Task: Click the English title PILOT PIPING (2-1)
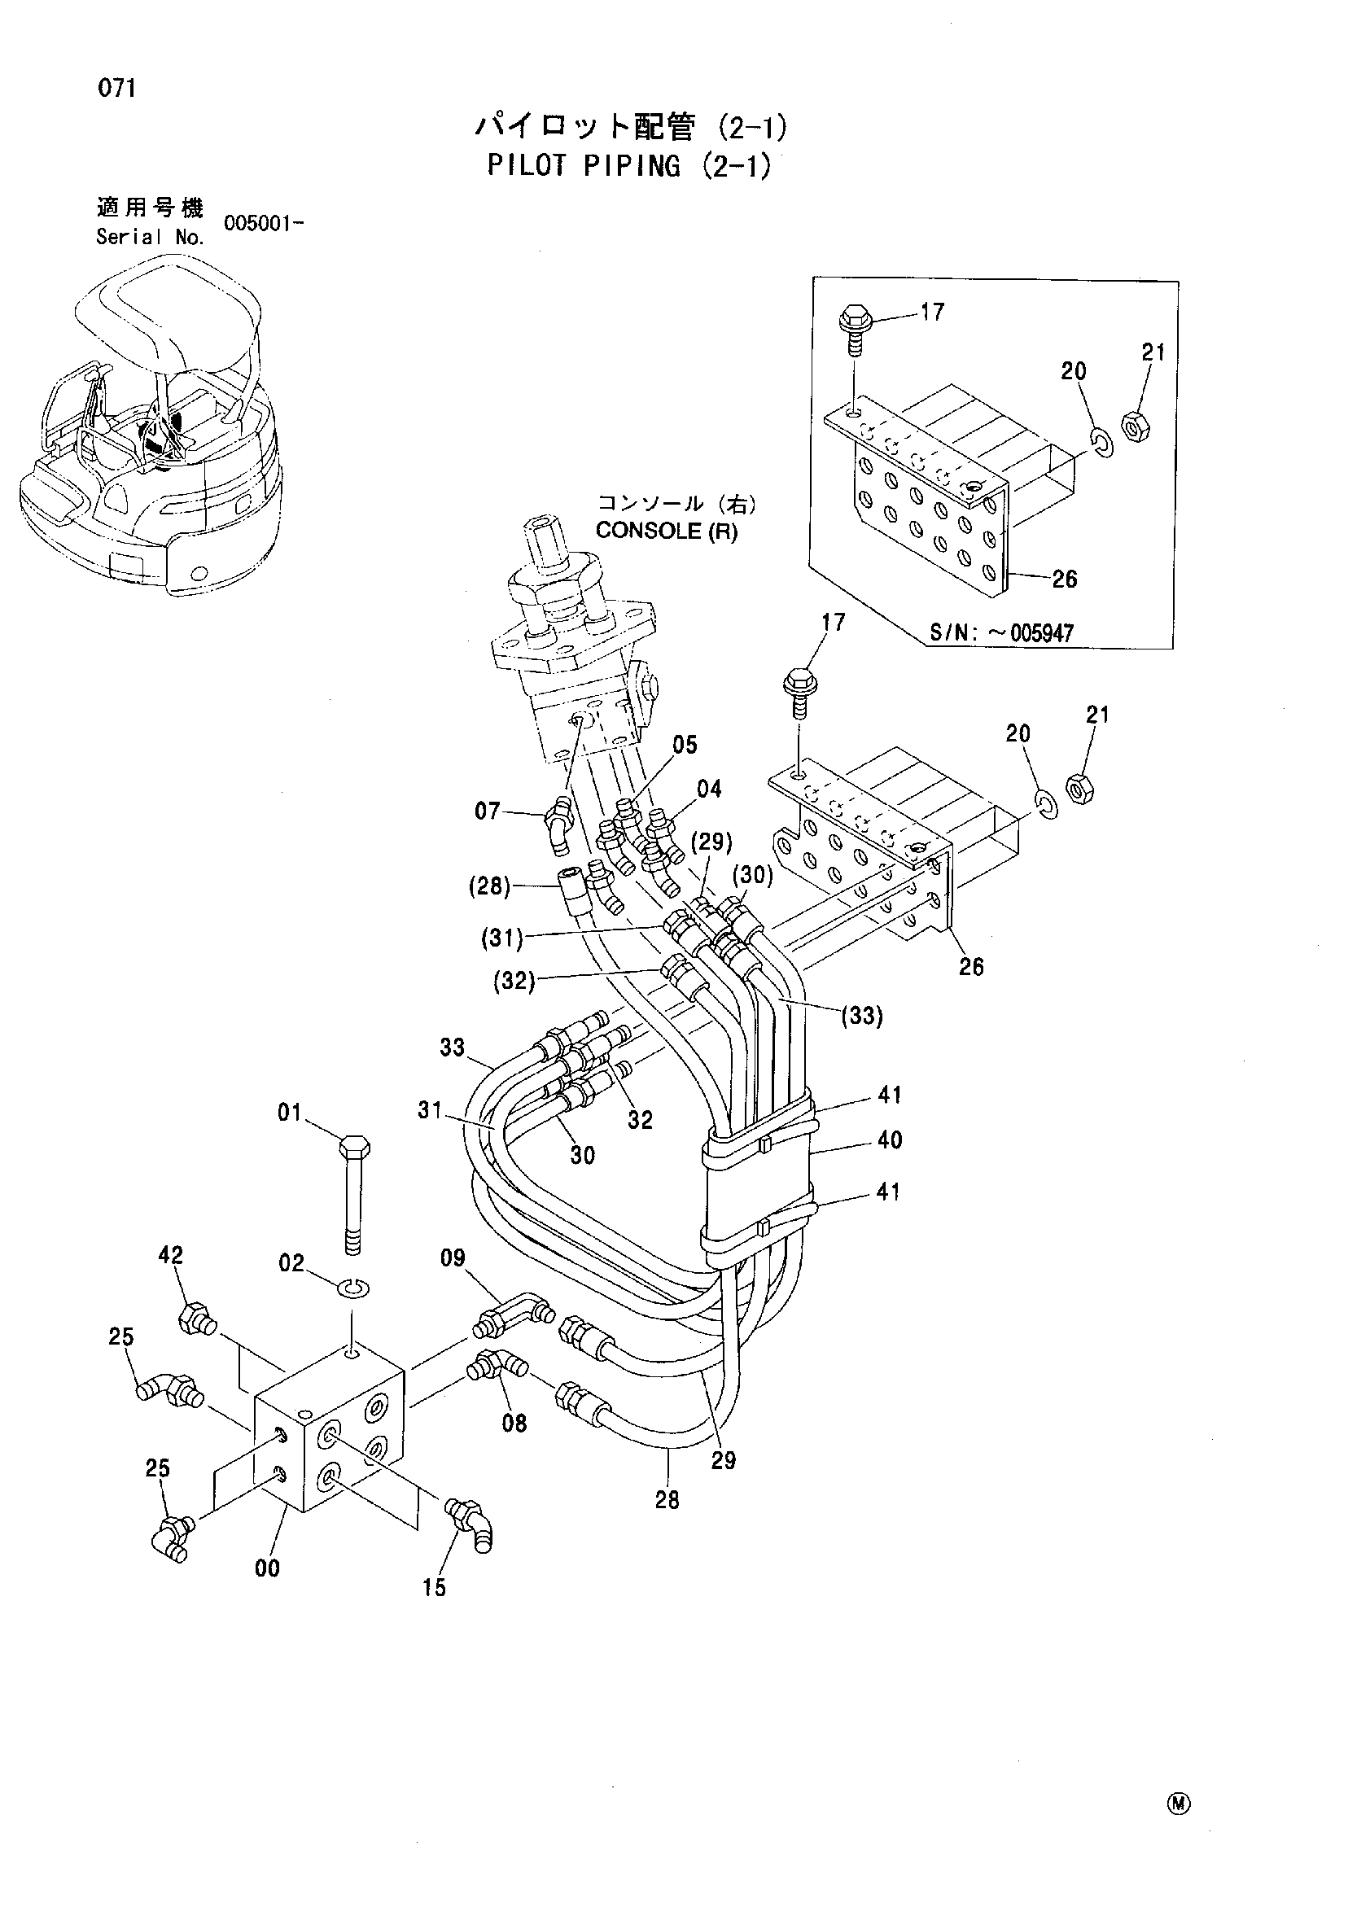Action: point(628,166)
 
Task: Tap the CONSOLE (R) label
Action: point(666,531)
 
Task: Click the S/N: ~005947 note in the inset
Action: point(1002,633)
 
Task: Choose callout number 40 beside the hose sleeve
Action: point(890,1139)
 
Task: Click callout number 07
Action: point(487,811)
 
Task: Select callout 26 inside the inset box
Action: point(1064,579)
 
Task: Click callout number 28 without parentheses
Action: point(667,1500)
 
